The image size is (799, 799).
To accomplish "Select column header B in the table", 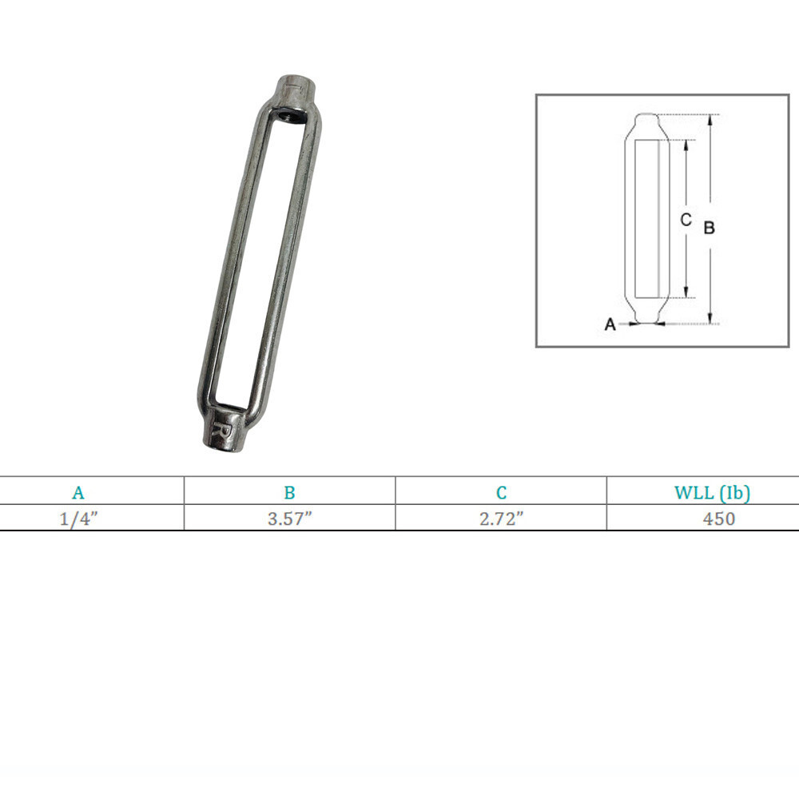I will (x=289, y=493).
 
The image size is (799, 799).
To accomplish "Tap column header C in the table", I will (x=501, y=493).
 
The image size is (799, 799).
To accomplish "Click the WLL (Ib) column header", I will (x=712, y=493).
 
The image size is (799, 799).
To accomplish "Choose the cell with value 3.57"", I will (x=289, y=519).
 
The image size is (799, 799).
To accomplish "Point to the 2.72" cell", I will (x=501, y=519).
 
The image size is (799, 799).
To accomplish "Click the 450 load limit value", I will (x=718, y=519).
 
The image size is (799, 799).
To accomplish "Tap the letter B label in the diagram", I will (x=709, y=228).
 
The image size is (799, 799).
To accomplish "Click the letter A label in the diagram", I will (x=610, y=325).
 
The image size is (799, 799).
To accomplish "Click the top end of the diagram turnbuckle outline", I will (x=647, y=116).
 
